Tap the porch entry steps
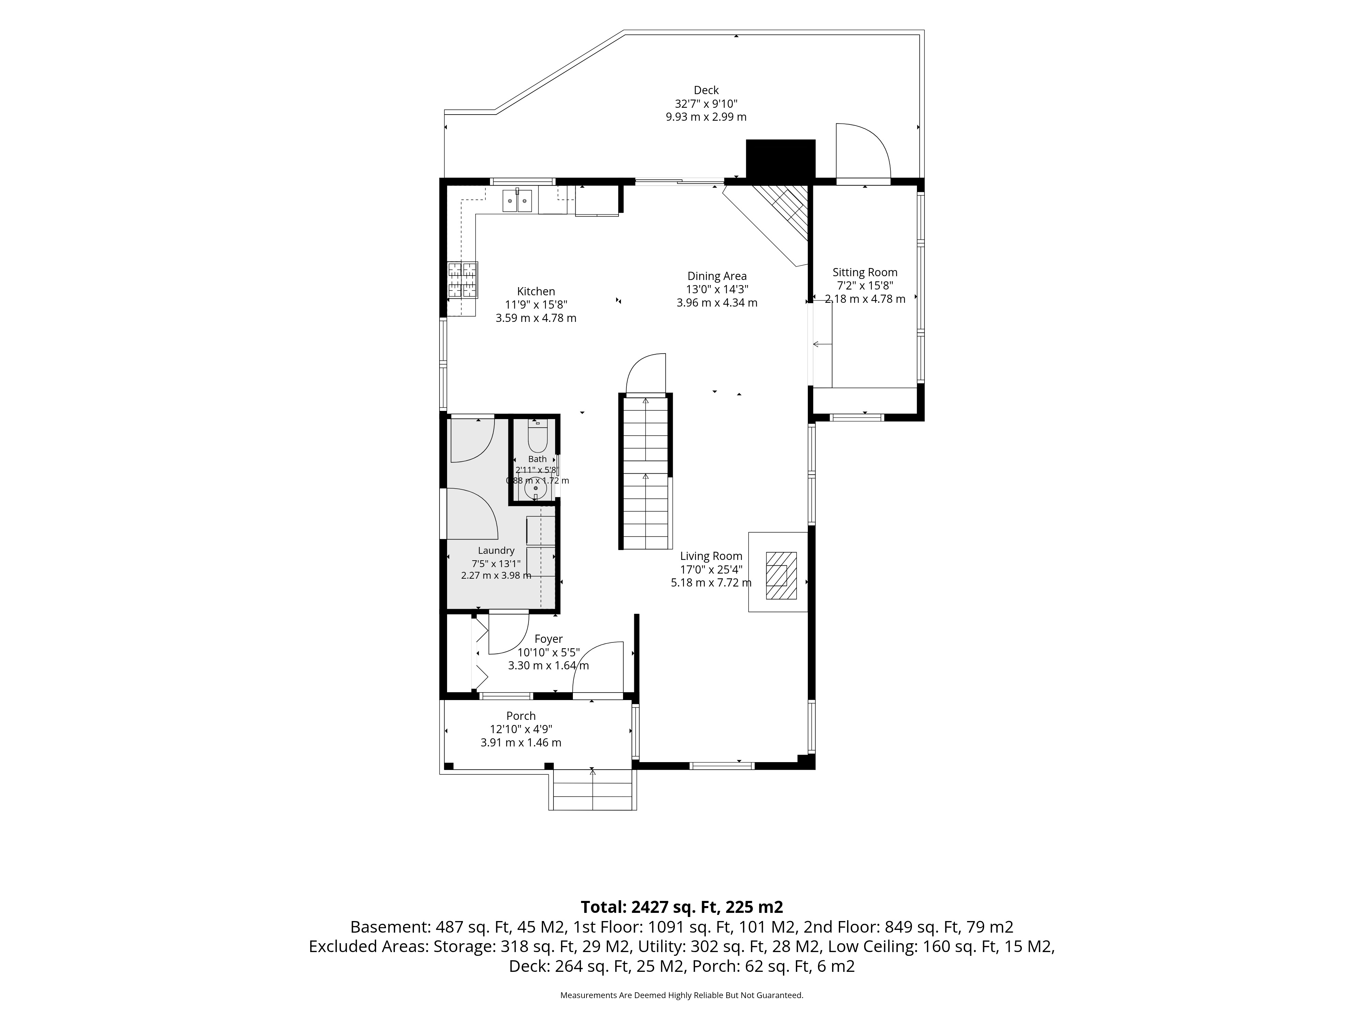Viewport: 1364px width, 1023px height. (x=593, y=790)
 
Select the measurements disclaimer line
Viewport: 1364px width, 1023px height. (x=681, y=995)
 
